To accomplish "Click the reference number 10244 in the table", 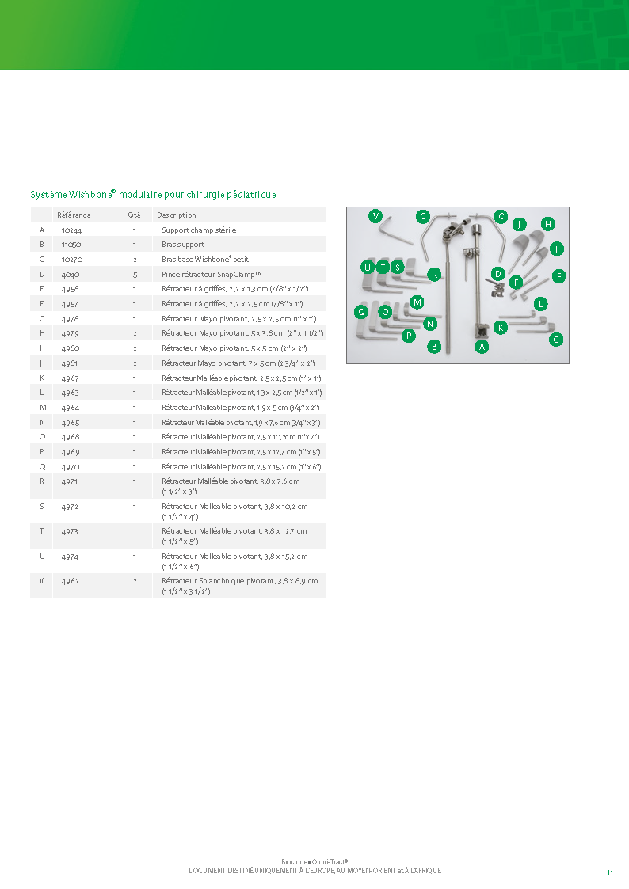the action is coord(71,230).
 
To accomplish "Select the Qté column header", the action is coord(134,215).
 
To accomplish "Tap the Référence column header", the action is coord(74,215).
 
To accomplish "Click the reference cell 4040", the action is coord(71,275).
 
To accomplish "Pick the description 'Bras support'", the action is coord(183,245).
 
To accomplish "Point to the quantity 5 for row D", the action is coord(135,275).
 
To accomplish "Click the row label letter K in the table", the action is coord(42,378).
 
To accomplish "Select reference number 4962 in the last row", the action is coord(71,581).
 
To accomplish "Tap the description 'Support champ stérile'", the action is coord(199,230).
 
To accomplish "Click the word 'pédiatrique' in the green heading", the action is coord(251,195).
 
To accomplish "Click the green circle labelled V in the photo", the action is coord(375,216).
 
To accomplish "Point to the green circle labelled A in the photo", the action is coord(482,347).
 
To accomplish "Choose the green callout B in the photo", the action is coord(434,347).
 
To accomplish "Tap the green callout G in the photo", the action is coord(556,340).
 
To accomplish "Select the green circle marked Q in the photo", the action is coord(361,312).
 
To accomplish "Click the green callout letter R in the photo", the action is coord(434,275).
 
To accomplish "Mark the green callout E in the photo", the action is coord(558,276).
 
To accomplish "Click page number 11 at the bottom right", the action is coord(610,872).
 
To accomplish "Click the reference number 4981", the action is coord(70,363).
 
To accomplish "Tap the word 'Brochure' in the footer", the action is coord(295,862).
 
